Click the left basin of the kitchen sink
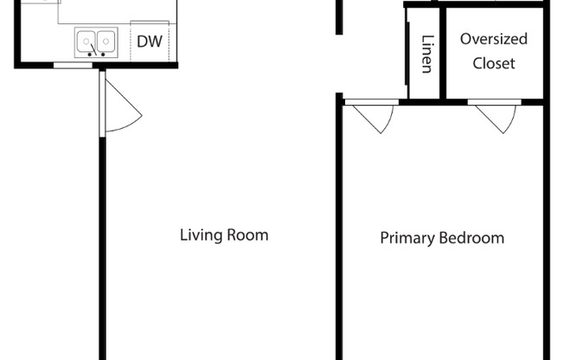87,40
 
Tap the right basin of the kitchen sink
106,40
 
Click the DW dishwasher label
148,42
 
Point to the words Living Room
224,235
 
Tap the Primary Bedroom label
442,238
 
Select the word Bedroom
472,238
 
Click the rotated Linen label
426,54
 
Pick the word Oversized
493,39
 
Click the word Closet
494,63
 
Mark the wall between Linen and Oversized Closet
441,54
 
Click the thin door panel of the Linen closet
408,54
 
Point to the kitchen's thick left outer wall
17,35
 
